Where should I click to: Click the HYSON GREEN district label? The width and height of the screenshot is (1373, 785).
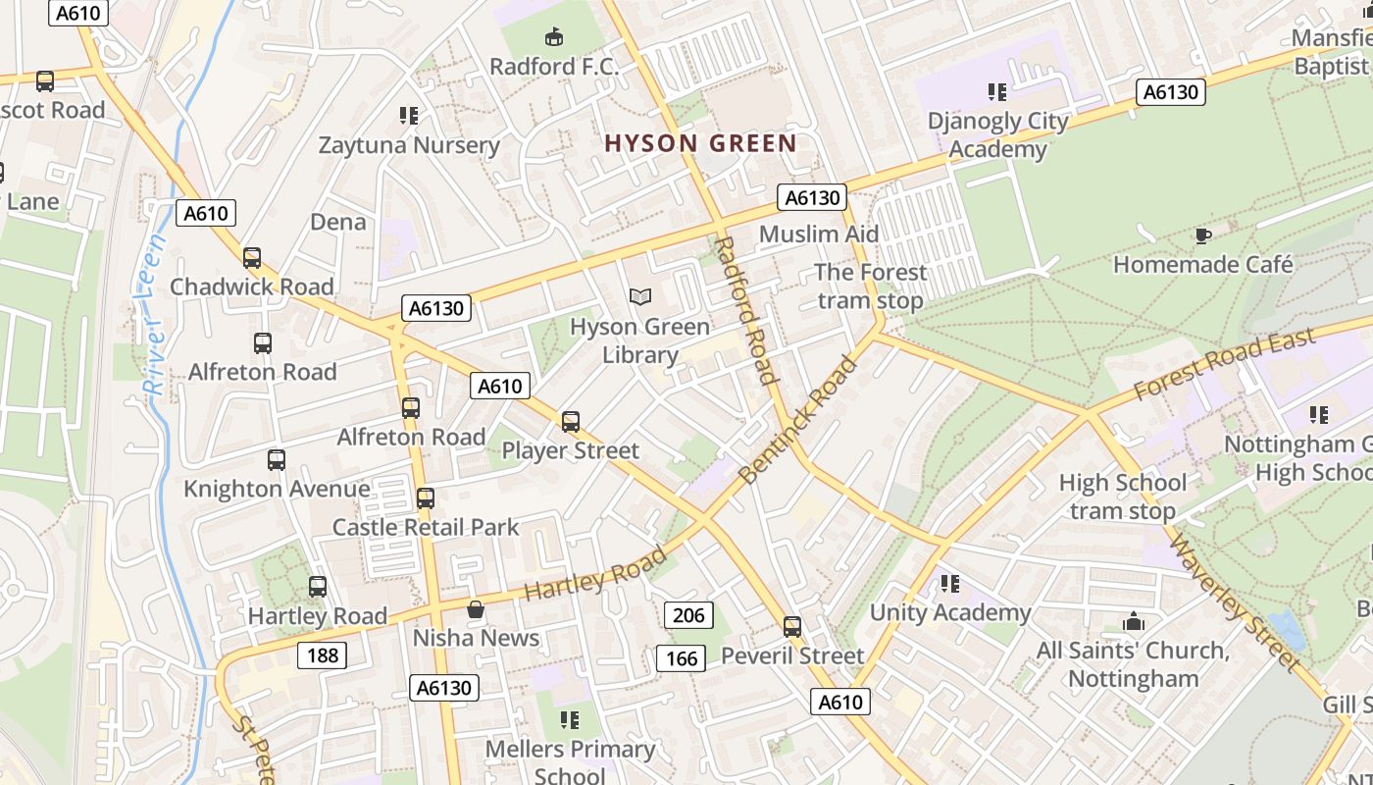(x=700, y=144)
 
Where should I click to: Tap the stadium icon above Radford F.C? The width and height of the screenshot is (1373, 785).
(x=554, y=38)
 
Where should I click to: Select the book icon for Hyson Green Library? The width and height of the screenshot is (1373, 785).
(x=639, y=296)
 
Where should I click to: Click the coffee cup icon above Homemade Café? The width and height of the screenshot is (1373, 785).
(x=1202, y=235)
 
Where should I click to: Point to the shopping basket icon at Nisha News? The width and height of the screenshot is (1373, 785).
(x=476, y=609)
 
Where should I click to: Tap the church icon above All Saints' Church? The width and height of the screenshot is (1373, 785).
(x=1134, y=622)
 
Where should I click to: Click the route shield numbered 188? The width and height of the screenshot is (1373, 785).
(x=322, y=655)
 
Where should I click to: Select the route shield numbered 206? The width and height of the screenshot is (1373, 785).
(x=688, y=615)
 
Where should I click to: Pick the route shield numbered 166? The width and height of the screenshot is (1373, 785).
(x=681, y=658)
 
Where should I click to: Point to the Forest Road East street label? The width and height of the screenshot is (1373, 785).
(x=1223, y=364)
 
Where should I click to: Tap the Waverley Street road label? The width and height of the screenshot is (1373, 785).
(x=1233, y=601)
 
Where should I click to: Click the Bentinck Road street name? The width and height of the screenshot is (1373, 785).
(x=798, y=420)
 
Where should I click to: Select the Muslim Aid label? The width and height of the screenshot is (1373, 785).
(x=819, y=235)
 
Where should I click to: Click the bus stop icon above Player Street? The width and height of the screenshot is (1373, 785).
(x=571, y=423)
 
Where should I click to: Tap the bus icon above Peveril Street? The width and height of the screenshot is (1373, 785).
(x=792, y=627)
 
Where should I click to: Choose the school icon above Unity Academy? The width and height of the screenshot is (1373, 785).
(x=949, y=585)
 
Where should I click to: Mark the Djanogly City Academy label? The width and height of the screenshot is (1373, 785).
(x=997, y=135)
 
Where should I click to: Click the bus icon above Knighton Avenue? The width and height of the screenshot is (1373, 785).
(x=277, y=460)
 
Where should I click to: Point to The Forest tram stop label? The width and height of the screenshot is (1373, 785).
(x=870, y=287)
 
